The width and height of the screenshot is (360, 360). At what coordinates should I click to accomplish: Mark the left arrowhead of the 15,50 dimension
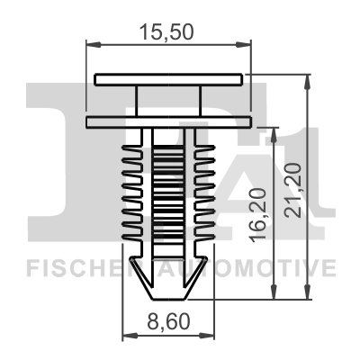pos(91,43)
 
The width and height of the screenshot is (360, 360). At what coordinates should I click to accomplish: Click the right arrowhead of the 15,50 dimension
pos(246,43)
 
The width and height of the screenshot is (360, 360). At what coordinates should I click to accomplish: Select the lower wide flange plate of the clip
pos(168,120)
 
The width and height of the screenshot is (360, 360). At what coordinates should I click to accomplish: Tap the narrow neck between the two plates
pos(168,99)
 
